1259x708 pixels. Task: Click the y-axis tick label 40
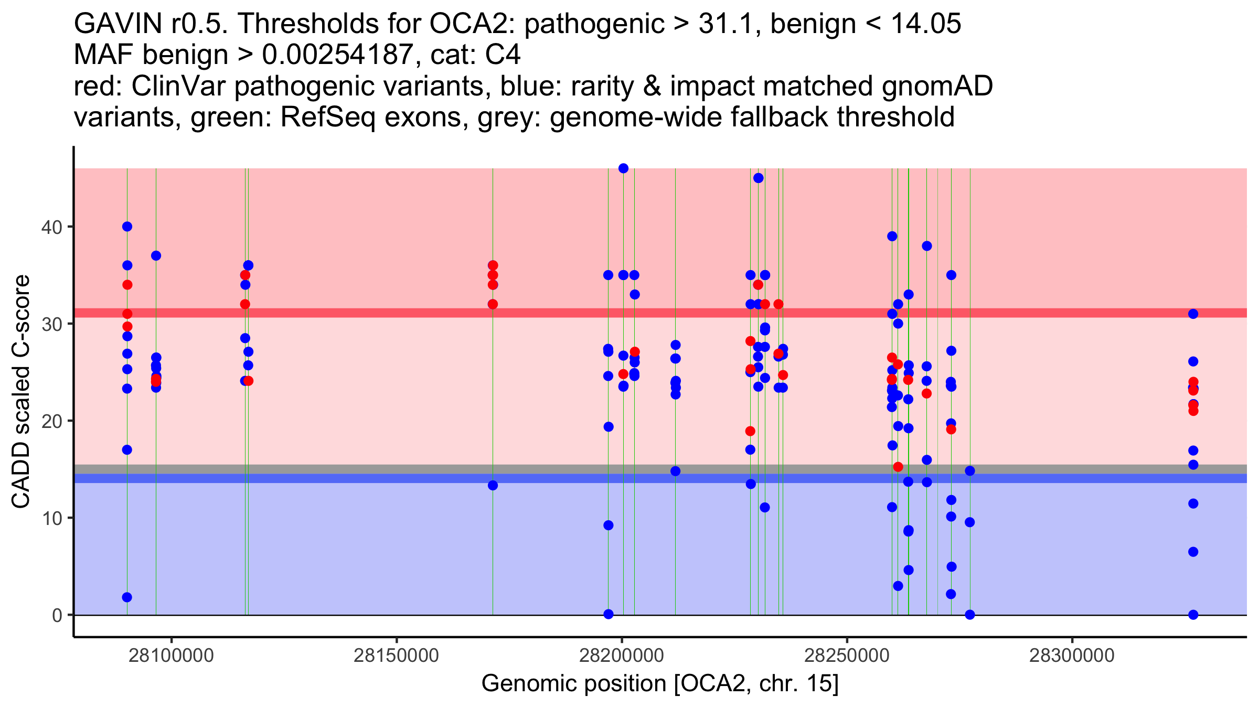(51, 227)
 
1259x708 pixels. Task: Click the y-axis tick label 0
(57, 615)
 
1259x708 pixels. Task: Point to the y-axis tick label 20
(51, 421)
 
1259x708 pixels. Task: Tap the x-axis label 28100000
(171, 656)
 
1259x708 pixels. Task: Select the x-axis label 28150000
(396, 656)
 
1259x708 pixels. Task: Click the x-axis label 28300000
(1072, 656)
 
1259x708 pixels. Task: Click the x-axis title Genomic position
(660, 683)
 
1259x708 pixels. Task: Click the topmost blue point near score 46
(623, 168)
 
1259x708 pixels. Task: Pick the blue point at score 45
(758, 178)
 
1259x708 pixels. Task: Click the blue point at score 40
(127, 227)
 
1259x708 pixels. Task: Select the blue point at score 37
(156, 256)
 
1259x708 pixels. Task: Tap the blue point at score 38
(926, 246)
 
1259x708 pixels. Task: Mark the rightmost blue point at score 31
(1193, 314)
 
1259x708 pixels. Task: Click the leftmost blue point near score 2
(127, 597)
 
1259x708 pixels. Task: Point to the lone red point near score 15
(898, 467)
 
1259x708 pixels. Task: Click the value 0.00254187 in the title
(337, 55)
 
